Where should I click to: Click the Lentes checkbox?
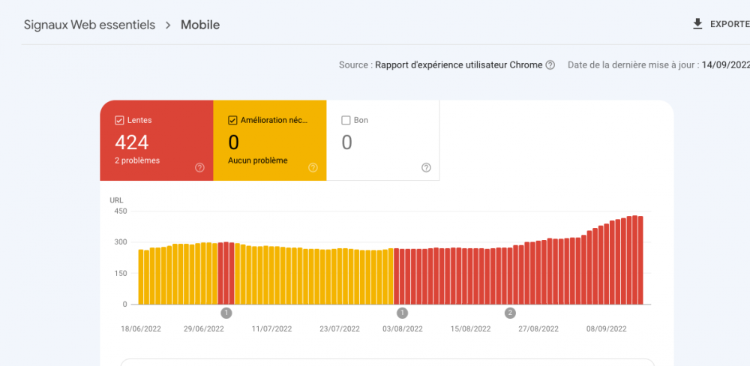(x=119, y=120)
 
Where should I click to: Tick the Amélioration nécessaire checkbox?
(x=232, y=120)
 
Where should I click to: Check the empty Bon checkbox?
(x=346, y=120)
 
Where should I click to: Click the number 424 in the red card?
(x=132, y=142)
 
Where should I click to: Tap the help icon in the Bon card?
(x=426, y=167)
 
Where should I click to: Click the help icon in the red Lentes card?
(x=199, y=167)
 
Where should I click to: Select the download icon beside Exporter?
(x=697, y=24)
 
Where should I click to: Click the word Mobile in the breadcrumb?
(x=200, y=25)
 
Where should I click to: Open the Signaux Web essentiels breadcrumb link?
(x=89, y=25)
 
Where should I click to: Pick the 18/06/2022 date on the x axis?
(x=140, y=328)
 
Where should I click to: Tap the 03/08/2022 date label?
(x=403, y=328)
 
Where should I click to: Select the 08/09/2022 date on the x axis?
(x=607, y=328)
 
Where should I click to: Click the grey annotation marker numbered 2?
(x=510, y=313)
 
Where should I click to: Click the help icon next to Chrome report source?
(x=550, y=65)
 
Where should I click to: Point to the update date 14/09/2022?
(x=725, y=65)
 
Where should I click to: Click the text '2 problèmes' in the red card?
(x=136, y=160)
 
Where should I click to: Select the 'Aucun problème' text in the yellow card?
(x=257, y=160)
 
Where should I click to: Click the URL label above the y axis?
(x=116, y=200)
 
